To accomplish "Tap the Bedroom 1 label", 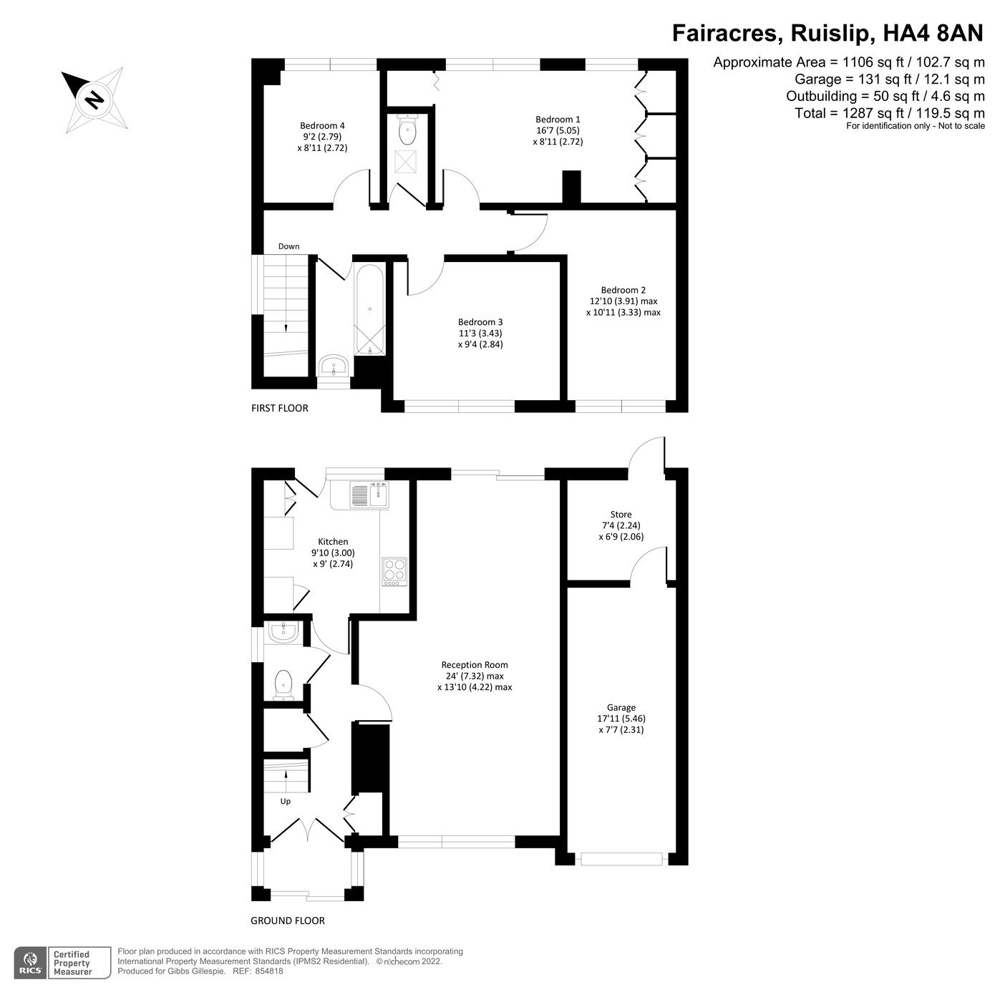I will [x=558, y=120].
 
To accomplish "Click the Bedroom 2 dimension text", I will [x=623, y=307].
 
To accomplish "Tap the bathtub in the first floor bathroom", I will [x=370, y=309].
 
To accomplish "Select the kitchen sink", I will [x=369, y=494].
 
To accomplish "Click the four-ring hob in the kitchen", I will [x=394, y=571].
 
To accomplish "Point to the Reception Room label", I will [x=475, y=664].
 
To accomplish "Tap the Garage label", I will [x=621, y=707].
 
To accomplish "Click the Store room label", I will [x=621, y=514].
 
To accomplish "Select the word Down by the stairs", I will [x=288, y=246].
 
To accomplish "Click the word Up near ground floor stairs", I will [x=286, y=801].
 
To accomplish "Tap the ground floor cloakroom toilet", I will [x=283, y=684].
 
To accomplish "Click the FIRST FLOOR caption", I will [x=279, y=408].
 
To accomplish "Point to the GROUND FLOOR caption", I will [x=287, y=921].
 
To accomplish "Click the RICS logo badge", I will [x=31, y=962].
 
